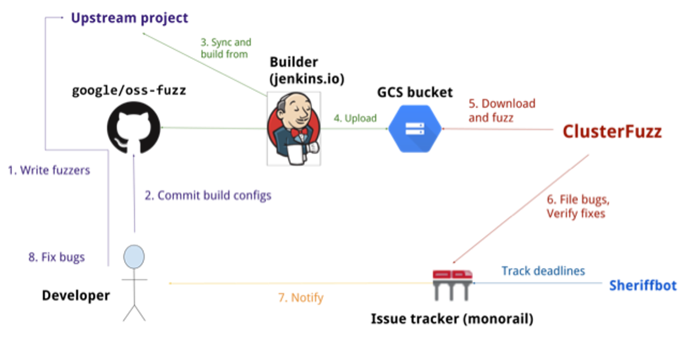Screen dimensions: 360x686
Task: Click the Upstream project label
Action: tap(129, 18)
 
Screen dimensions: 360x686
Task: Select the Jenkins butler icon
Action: tap(293, 129)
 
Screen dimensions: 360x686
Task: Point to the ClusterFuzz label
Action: tap(612, 132)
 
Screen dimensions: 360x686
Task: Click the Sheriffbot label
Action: tap(643, 285)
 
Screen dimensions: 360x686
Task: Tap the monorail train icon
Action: tap(453, 283)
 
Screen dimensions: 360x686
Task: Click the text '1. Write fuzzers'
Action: tap(49, 170)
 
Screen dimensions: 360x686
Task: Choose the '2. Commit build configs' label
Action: tap(208, 195)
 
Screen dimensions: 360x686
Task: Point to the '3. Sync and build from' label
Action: tap(225, 49)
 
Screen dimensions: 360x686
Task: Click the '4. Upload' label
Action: tap(355, 118)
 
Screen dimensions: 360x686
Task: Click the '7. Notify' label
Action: tap(300, 297)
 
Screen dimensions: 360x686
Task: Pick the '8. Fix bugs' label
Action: tap(56, 257)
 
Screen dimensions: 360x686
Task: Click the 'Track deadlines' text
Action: tap(543, 271)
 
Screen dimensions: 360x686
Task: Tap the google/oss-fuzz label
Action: tap(129, 90)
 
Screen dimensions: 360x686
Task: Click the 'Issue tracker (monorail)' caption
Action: tap(452, 319)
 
